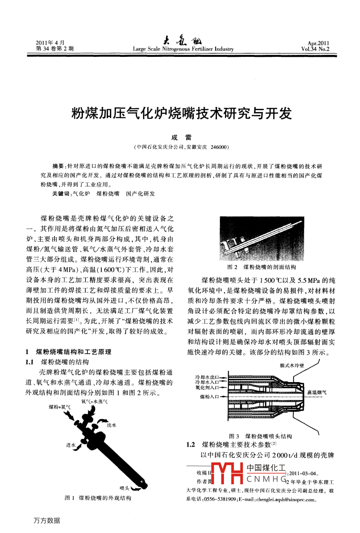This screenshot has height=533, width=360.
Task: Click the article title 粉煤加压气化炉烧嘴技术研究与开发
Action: [181, 113]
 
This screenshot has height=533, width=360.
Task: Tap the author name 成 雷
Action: [181, 138]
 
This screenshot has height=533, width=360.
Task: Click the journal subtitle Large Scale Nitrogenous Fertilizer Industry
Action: [183, 49]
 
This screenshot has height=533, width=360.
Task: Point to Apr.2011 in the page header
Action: [318, 43]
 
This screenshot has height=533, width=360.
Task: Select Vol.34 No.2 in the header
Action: [315, 49]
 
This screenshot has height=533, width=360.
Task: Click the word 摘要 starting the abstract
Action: [58, 166]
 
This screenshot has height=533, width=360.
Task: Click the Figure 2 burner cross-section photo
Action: [262, 239]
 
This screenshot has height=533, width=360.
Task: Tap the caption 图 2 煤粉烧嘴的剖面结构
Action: [262, 267]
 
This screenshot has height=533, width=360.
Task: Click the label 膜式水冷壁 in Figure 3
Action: [292, 365]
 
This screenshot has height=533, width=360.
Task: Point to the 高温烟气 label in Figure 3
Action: [317, 393]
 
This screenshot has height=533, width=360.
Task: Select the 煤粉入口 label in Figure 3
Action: [209, 397]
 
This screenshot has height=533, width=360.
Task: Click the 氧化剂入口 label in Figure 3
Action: [207, 388]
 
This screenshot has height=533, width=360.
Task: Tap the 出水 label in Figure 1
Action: [112, 425]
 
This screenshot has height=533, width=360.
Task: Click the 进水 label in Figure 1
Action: [71, 445]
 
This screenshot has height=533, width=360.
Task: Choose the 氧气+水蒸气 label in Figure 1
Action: [94, 402]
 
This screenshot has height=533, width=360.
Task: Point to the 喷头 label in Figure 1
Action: [125, 488]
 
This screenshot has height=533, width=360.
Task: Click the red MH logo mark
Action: [227, 473]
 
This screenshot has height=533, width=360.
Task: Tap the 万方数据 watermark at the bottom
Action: [47, 521]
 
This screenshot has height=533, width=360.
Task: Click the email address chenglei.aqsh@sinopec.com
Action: [285, 500]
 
